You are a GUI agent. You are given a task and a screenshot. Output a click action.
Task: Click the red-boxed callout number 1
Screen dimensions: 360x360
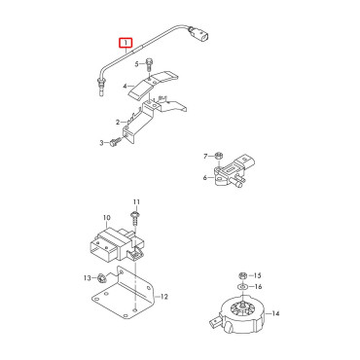126,42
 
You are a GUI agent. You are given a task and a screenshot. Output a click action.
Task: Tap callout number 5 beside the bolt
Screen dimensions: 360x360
137,64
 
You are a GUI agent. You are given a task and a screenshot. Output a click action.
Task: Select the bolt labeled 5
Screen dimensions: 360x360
149,64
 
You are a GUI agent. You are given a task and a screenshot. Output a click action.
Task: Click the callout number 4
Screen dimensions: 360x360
126,87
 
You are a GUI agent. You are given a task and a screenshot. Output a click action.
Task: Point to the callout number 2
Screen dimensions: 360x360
118,123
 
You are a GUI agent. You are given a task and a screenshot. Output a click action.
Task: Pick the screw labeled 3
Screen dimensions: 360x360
116,142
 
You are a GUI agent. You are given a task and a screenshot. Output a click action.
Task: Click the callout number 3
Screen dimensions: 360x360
102,143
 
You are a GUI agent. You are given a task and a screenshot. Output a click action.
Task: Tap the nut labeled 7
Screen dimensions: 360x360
219,156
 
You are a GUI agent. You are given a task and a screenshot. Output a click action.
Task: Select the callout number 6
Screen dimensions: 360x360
205,178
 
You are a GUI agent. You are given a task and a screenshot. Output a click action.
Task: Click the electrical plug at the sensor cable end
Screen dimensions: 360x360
199,35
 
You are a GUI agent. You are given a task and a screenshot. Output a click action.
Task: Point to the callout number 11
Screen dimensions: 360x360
136,202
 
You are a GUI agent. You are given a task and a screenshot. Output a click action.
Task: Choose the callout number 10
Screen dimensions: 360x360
107,218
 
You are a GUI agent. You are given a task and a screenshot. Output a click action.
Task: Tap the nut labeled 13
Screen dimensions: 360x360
101,277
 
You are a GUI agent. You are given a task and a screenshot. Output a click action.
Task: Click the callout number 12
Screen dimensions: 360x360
164,297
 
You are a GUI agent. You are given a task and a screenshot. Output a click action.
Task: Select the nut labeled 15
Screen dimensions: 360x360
242,276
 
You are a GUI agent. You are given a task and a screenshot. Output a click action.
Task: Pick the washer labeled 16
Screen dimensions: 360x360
242,287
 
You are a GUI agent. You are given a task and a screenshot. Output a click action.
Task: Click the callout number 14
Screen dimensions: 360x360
275,313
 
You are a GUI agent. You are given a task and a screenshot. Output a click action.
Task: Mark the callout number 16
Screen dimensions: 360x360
258,287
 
